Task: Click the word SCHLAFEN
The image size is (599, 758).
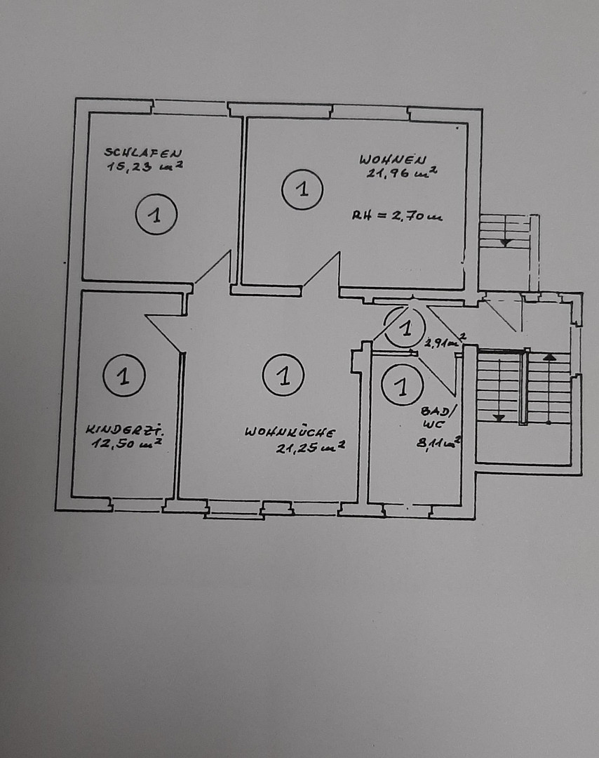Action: tap(143, 152)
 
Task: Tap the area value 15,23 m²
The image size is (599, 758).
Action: tap(145, 166)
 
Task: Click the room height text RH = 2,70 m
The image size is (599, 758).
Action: tap(397, 217)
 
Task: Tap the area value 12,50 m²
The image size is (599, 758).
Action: tap(127, 443)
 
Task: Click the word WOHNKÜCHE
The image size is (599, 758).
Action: tap(290, 432)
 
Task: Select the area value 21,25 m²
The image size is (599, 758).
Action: tap(309, 448)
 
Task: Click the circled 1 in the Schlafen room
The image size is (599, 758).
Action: tap(156, 214)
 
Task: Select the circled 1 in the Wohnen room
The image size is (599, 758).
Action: tap(302, 189)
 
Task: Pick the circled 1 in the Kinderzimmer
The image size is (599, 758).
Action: tap(123, 375)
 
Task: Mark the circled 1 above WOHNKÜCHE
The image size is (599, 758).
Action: tap(283, 375)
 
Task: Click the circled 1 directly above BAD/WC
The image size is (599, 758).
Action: tap(401, 386)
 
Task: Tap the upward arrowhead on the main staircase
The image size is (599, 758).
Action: tap(549, 357)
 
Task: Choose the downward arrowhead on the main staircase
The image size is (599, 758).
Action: tap(499, 417)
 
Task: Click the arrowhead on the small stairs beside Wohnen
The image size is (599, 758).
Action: tap(504, 242)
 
